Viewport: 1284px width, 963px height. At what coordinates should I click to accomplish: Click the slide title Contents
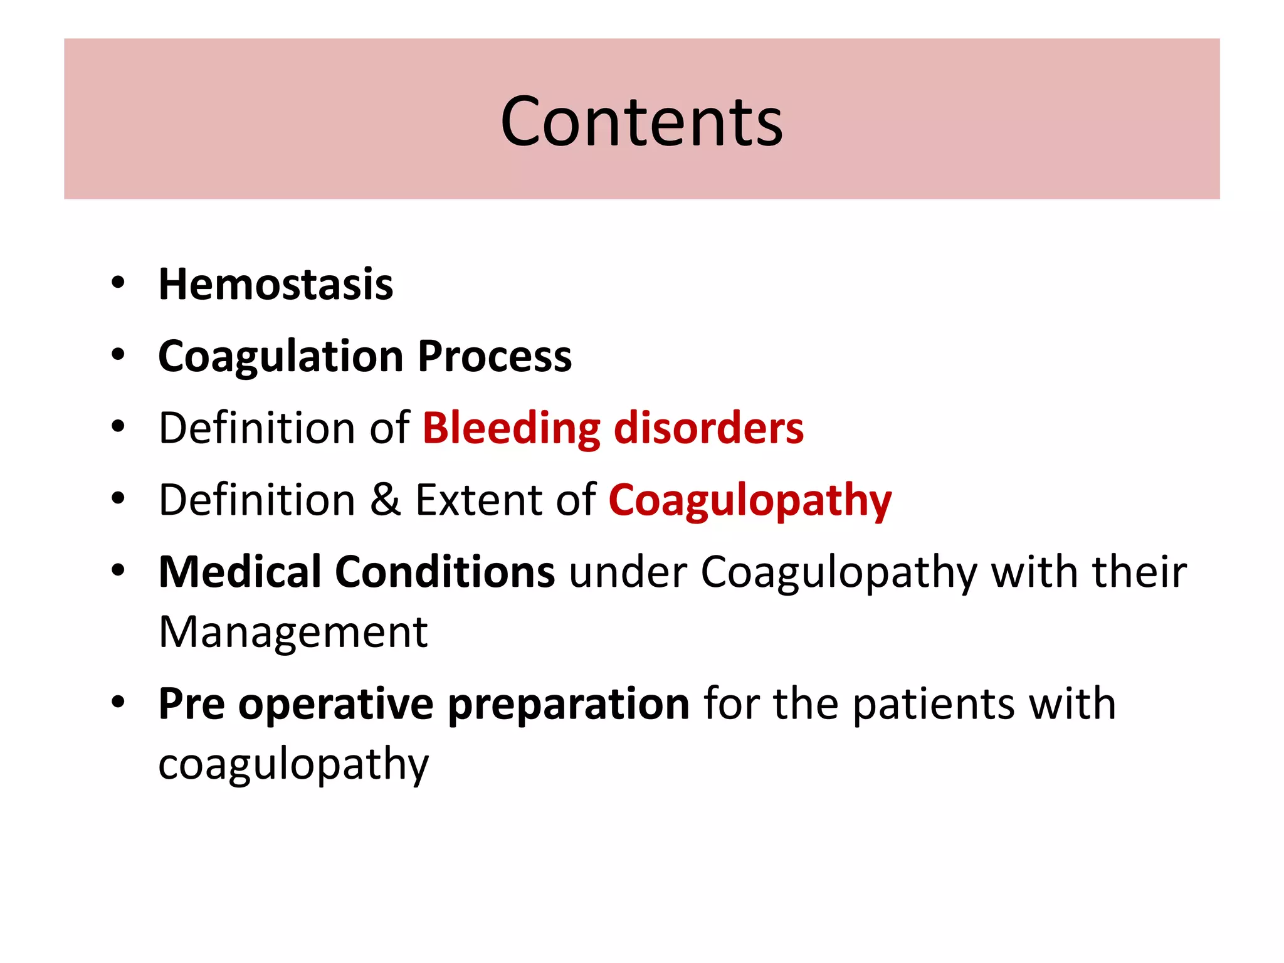click(x=641, y=122)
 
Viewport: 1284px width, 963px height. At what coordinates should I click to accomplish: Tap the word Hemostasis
click(x=276, y=285)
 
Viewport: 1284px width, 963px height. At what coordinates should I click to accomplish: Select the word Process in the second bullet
click(x=495, y=356)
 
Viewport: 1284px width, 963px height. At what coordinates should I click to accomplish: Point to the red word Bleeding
click(x=512, y=429)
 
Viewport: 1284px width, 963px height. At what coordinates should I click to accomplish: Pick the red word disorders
click(x=708, y=428)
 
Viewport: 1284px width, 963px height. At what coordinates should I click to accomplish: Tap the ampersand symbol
click(x=385, y=500)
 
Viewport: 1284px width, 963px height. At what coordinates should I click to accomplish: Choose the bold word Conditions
click(x=445, y=572)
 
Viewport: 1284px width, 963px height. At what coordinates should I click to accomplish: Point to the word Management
click(x=293, y=632)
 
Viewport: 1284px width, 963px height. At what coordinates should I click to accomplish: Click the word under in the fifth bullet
click(x=628, y=572)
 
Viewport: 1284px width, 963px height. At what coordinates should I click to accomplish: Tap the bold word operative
click(x=336, y=704)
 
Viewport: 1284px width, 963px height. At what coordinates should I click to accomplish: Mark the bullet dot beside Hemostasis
click(x=118, y=283)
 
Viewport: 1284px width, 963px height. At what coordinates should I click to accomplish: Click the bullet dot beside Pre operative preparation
click(x=118, y=702)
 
